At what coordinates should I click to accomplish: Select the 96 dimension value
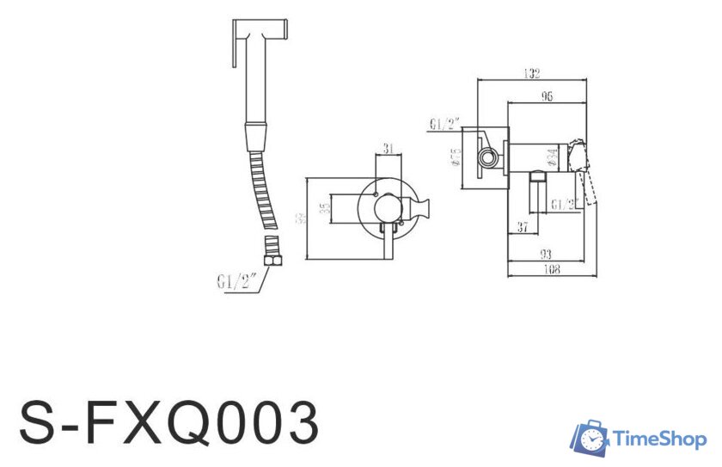[547, 96]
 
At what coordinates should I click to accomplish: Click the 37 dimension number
[522, 226]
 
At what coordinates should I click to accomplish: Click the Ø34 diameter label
[553, 157]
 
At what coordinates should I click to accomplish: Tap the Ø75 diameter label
[456, 157]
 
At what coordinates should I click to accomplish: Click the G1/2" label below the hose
[239, 280]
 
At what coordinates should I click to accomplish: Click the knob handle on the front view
[422, 208]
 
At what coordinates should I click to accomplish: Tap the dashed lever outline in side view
[590, 188]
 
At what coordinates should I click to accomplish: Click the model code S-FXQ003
[169, 421]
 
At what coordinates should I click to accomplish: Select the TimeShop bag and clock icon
[590, 438]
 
